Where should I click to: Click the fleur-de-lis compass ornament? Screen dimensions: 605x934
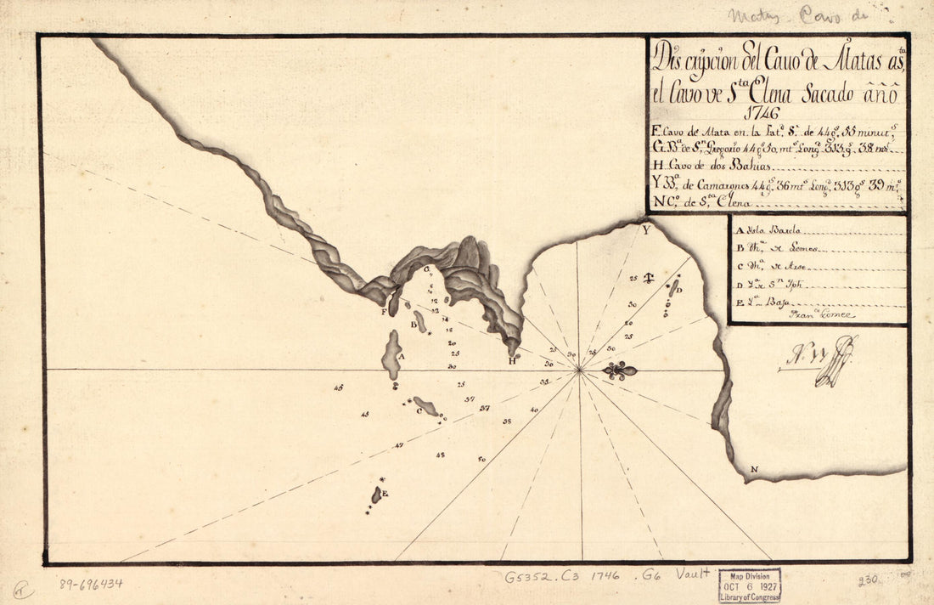tap(620, 370)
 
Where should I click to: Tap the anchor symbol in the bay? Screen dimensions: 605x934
tap(648, 278)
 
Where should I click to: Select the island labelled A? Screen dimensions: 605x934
tap(391, 355)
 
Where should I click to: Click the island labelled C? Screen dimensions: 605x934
tap(426, 406)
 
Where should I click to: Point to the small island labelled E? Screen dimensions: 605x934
tap(376, 495)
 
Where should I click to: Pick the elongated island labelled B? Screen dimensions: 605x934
tap(420, 321)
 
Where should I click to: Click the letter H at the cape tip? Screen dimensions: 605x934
tap(512, 360)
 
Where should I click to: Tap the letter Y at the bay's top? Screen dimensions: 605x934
tap(646, 229)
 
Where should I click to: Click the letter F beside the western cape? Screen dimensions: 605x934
tap(384, 312)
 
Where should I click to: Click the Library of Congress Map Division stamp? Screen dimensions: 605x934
tap(749, 585)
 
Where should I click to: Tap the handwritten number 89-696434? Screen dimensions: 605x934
tap(91, 584)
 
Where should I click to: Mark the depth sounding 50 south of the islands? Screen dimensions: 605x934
tap(481, 459)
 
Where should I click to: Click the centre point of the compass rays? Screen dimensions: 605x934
tap(578, 370)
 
